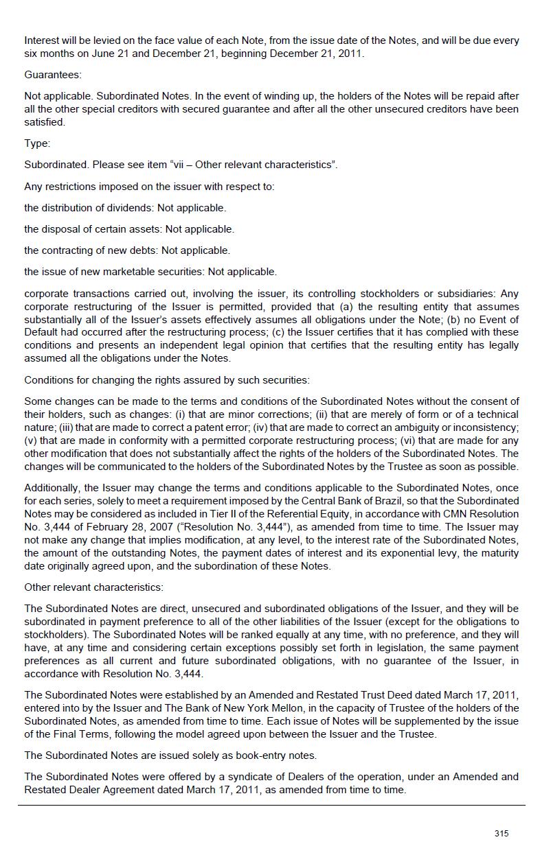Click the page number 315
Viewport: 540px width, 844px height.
pyautogui.click(x=501, y=833)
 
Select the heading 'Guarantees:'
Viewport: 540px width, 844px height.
pyautogui.click(x=53, y=75)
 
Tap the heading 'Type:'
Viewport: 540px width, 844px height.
pyautogui.click(x=37, y=143)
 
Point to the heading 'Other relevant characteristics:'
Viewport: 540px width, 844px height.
pyautogui.click(x=93, y=587)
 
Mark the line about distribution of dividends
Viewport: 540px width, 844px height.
pyautogui.click(x=125, y=208)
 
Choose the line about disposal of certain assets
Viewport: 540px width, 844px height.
pyautogui.click(x=129, y=229)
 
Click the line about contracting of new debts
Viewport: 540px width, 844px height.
pyautogui.click(x=127, y=250)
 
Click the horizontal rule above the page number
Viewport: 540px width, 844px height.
pyautogui.click(x=271, y=806)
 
